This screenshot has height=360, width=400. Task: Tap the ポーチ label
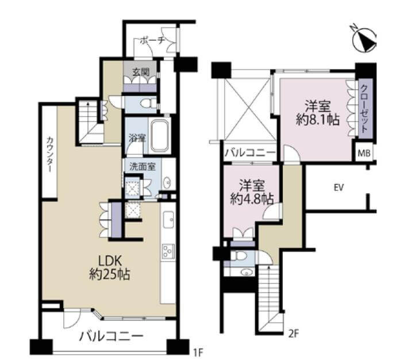(x=152, y=41)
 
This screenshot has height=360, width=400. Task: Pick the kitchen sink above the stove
(x=168, y=220)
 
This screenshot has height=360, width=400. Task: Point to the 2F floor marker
(x=293, y=333)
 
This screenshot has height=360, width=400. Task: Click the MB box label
(x=364, y=153)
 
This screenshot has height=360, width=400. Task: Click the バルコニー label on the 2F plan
(x=249, y=153)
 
